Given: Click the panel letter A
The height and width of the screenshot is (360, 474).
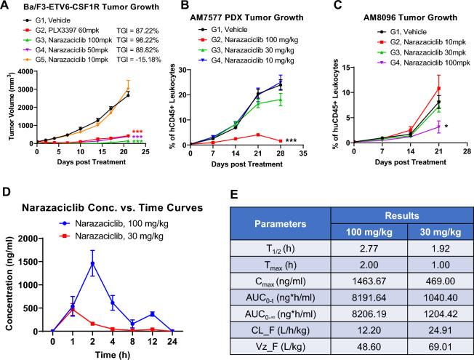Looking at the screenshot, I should click(x=6, y=7).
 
